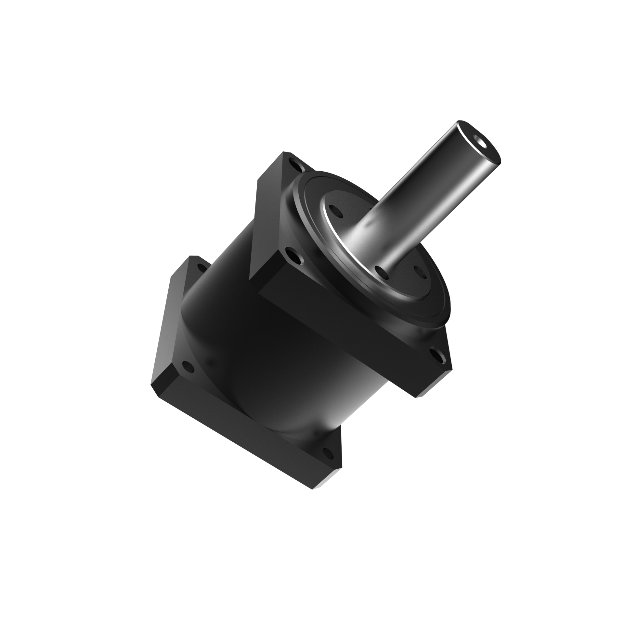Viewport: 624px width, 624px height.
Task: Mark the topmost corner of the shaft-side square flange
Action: (286, 152)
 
